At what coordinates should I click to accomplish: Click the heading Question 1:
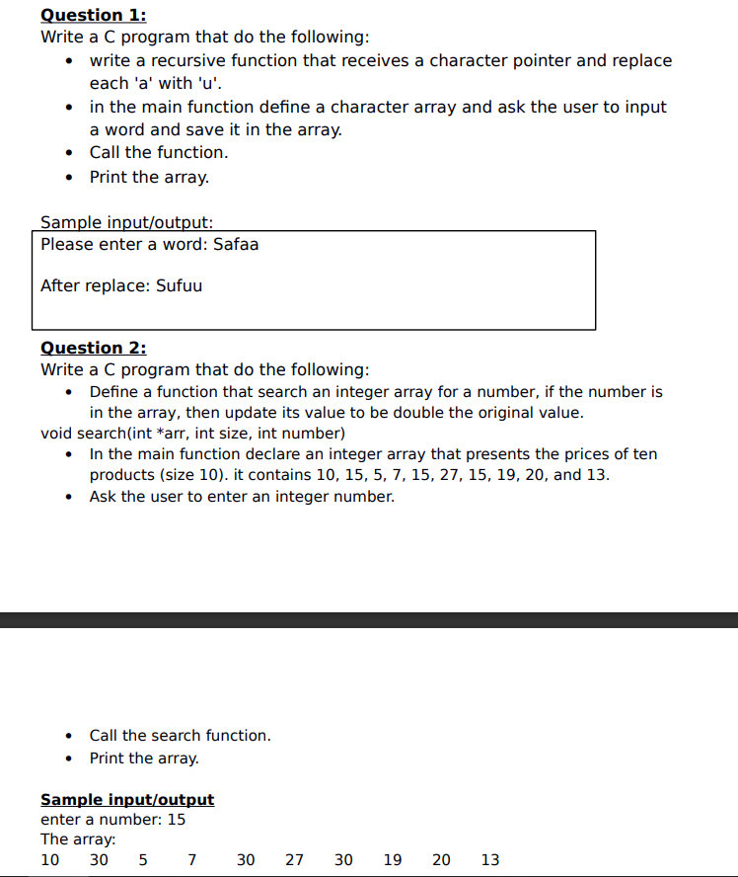coord(93,15)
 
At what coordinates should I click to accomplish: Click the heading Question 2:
coord(93,348)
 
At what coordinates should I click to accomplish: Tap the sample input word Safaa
coord(236,244)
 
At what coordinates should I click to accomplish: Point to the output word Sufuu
coord(179,285)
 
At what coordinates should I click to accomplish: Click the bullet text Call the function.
coord(158,152)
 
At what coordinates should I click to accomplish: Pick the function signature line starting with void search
coord(192,434)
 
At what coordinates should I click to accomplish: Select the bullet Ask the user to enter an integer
coord(242,497)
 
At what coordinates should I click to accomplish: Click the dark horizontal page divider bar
coord(369,620)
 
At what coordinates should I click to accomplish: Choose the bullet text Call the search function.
coord(180,736)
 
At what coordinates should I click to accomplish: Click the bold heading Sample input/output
coord(126,800)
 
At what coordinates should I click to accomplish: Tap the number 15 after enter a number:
coord(176,820)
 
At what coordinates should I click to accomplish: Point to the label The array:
coord(78,839)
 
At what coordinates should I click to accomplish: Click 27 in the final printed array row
coord(294,860)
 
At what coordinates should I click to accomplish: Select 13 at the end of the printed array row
coord(490,860)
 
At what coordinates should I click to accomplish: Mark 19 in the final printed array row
coord(392,860)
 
